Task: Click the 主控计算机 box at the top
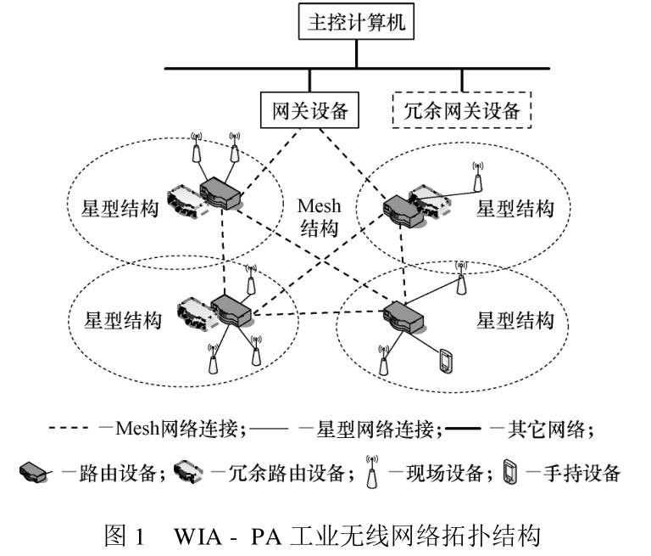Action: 356,24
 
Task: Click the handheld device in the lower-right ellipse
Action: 443,362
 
